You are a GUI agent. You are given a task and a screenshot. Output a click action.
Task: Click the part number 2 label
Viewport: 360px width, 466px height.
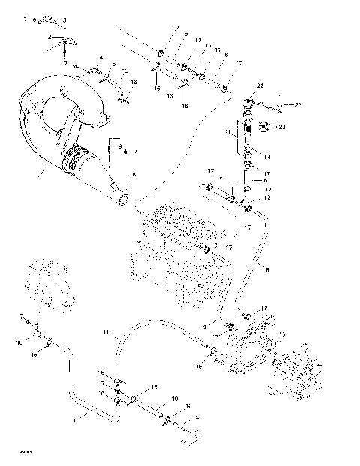tap(49, 37)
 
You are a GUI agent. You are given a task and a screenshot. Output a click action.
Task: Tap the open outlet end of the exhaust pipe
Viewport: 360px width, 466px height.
tap(121, 199)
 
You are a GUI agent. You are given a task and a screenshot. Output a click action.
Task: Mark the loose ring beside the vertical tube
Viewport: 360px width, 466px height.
tap(265, 125)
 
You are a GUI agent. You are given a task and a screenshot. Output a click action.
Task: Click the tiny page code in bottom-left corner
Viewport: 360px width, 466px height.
tap(27, 451)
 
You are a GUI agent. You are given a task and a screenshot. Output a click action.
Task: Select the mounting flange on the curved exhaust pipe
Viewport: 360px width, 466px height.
tap(97, 113)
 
